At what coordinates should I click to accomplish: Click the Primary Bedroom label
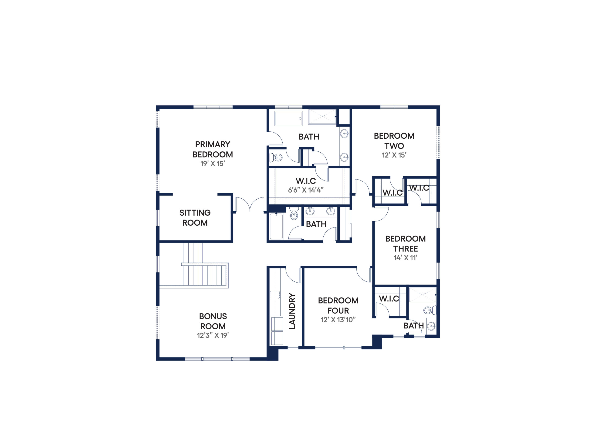click(x=213, y=149)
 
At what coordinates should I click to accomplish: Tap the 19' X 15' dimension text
click(x=213, y=164)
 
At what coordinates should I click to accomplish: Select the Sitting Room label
click(x=195, y=218)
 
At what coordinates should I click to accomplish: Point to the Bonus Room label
click(x=213, y=321)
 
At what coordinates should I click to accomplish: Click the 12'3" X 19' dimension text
click(x=213, y=335)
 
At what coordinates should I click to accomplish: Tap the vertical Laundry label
click(x=292, y=311)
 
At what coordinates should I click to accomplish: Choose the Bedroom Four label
click(x=338, y=306)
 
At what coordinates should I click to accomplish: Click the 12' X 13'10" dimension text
click(x=338, y=320)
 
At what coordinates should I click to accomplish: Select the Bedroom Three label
click(x=406, y=244)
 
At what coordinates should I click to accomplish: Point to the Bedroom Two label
click(x=394, y=141)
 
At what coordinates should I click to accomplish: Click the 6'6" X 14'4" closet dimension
click(x=306, y=190)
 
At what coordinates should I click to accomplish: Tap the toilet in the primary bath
click(x=276, y=157)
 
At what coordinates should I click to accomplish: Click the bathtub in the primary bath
click(x=288, y=118)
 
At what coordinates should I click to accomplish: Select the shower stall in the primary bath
click(x=322, y=117)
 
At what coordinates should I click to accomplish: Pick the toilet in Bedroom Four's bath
click(x=430, y=310)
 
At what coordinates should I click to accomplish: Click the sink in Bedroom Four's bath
click(x=431, y=326)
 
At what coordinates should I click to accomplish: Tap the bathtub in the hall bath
click(x=276, y=226)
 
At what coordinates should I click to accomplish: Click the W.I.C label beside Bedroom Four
click(x=389, y=299)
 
